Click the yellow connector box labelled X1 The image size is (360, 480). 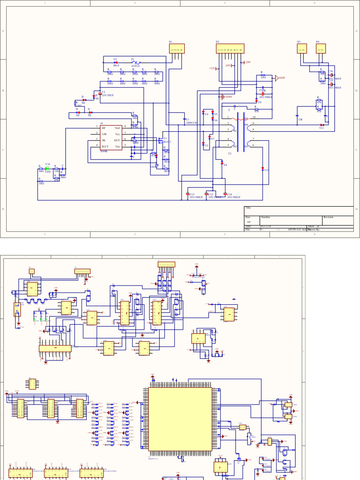tap(177, 49)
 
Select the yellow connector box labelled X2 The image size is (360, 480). tap(230, 49)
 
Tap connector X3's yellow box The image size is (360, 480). tap(302, 49)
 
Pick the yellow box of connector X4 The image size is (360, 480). tap(321, 49)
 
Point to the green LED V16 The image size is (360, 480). tap(47, 168)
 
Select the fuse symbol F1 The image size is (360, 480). tap(135, 63)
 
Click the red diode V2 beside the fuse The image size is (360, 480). tap(115, 62)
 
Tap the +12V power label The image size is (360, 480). tap(212, 68)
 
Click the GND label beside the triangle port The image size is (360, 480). tap(282, 78)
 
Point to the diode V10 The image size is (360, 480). tap(262, 169)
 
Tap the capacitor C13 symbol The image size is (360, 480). tap(187, 195)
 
